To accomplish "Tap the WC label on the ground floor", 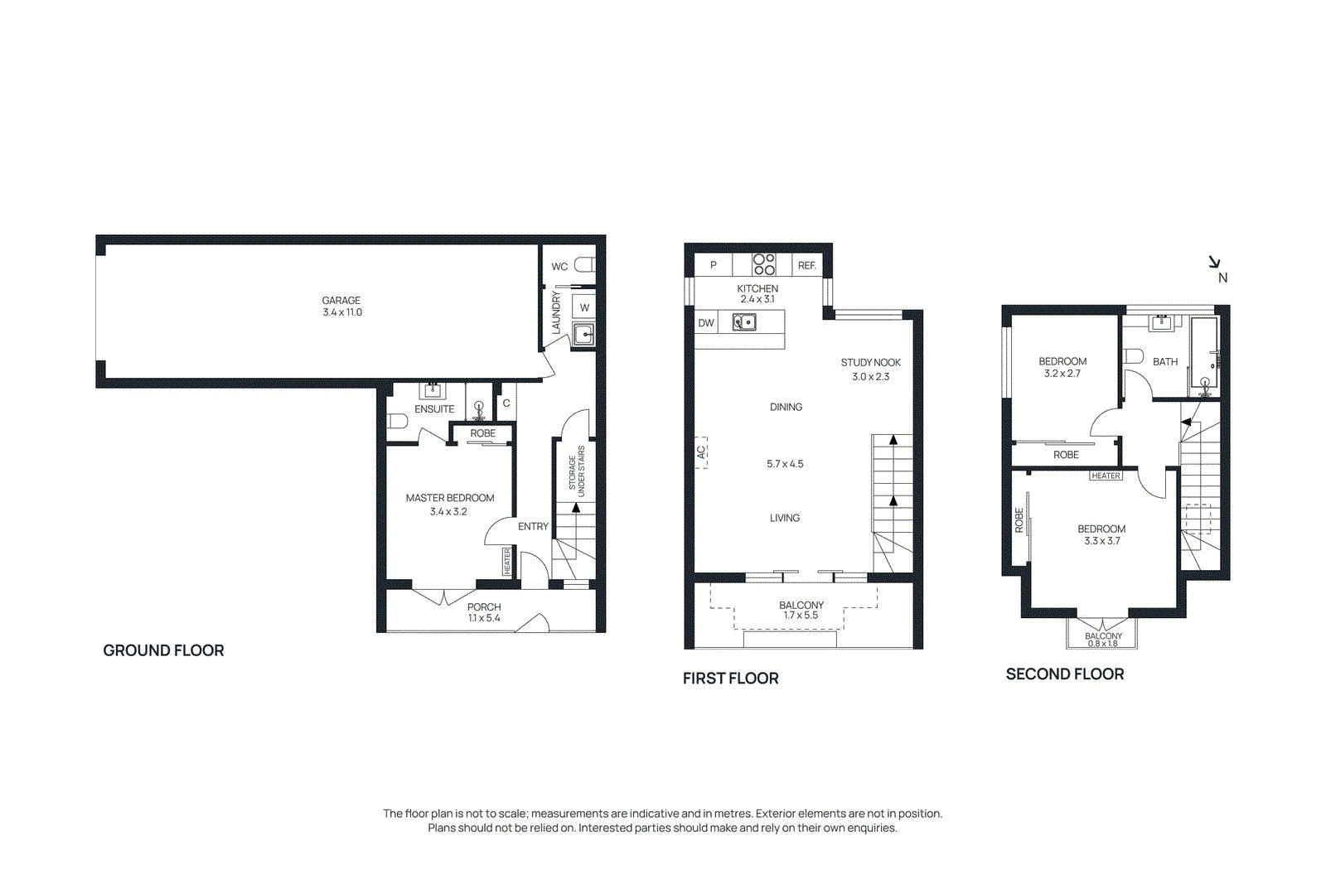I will [559, 267].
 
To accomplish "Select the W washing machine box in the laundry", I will [584, 307].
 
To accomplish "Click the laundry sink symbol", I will [583, 335].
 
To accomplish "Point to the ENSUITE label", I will [434, 409].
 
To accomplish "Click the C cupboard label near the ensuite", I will [506, 403].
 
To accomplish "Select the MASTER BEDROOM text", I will [449, 498].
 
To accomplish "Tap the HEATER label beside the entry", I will [507, 562].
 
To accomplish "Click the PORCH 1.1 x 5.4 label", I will [484, 612].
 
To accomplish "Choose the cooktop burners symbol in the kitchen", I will [764, 264].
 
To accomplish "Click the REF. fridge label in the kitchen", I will [806, 266].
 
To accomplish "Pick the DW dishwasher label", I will [706, 323].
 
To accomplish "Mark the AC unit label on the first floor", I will [701, 452].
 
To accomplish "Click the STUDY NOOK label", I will [870, 363].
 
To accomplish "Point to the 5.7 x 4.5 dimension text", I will [785, 464].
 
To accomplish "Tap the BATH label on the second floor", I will [1164, 362].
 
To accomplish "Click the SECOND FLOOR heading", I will [1064, 674].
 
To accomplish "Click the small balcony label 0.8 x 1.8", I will [1103, 640].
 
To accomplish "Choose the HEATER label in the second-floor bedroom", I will [1106, 476].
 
